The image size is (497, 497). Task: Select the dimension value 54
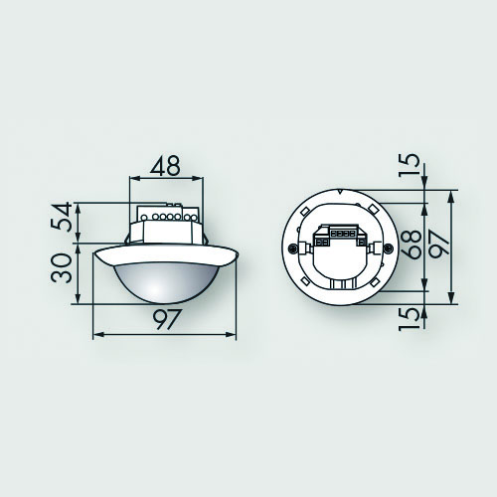click(x=62, y=217)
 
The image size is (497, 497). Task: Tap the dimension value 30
click(x=62, y=267)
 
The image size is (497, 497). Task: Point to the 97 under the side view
click(x=168, y=320)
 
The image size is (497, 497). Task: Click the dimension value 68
click(x=412, y=245)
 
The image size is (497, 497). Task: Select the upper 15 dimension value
click(x=409, y=165)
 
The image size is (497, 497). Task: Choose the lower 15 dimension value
click(x=409, y=319)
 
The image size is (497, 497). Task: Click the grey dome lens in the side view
click(x=167, y=282)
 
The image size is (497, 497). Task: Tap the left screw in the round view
click(x=292, y=248)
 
